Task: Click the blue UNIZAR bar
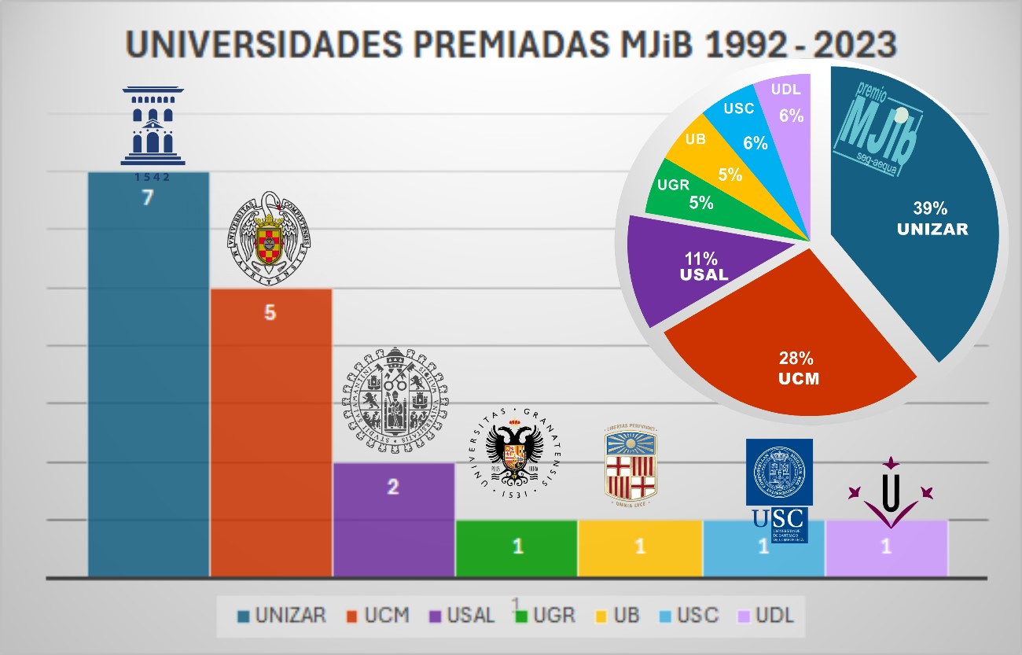click(x=148, y=377)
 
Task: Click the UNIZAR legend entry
click(x=281, y=615)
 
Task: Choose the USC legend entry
click(x=688, y=615)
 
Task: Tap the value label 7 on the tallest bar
click(x=147, y=198)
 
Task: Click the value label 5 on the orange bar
click(x=270, y=313)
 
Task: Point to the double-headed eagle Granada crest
click(x=514, y=451)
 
